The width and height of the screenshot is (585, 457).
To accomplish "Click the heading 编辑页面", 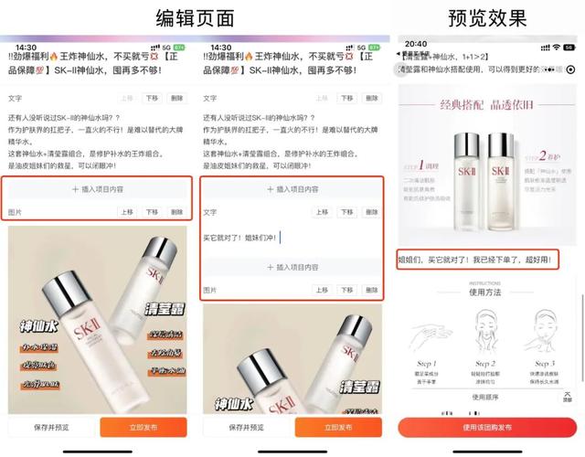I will (x=196, y=17).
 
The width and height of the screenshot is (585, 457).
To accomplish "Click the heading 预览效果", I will (x=487, y=17).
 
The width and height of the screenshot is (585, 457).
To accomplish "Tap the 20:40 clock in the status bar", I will (x=416, y=44).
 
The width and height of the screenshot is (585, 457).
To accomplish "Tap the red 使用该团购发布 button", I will (x=487, y=427).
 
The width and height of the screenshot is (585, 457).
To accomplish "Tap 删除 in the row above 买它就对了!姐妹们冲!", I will (x=371, y=212).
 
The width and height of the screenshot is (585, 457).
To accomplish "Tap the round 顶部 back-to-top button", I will (x=568, y=394).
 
